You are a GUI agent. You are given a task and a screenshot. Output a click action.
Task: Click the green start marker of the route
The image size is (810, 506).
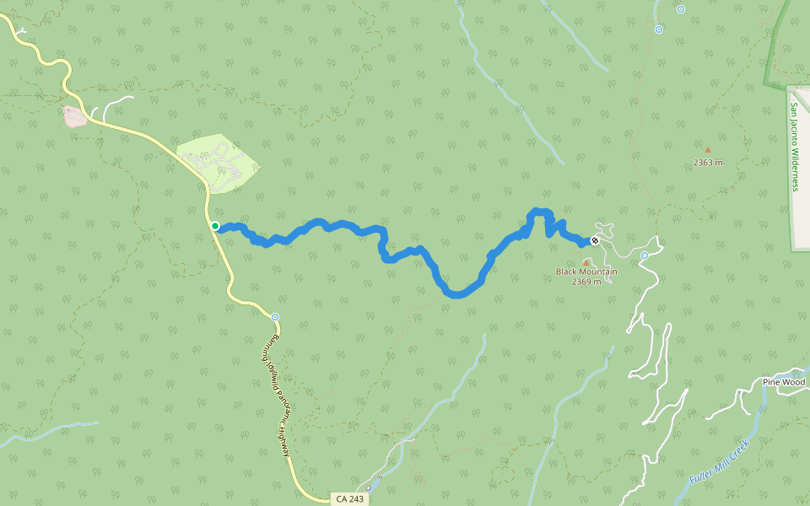coord(215,226)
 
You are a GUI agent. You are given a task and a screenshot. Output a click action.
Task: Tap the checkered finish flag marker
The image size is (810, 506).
coord(595,241)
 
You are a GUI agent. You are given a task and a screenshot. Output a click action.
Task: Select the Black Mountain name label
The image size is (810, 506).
coord(586,272)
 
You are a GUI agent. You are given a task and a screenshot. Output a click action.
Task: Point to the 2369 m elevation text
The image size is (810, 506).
coord(586,282)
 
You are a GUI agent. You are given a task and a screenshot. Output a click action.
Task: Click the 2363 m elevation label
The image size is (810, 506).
coord(708,162)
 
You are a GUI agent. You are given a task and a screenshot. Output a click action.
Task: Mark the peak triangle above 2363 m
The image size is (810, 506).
coord(708,150)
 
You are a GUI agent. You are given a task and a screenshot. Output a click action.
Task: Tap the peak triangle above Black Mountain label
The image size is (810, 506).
coord(586,262)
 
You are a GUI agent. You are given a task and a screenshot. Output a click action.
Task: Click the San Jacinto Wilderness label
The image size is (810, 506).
coord(794,147)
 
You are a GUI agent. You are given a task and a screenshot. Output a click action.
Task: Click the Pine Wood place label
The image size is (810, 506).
coord(784,382)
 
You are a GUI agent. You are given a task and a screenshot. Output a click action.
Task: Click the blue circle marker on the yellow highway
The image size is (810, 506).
coord(275,317)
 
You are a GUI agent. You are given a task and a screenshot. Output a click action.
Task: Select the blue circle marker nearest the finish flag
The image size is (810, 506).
coord(644,256)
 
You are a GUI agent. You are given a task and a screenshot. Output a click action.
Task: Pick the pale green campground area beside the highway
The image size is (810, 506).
coord(218,162)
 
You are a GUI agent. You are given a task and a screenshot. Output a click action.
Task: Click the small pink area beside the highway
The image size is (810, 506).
coord(74,116)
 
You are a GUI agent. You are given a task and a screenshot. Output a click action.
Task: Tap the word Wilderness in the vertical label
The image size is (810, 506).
coord(794,166)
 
